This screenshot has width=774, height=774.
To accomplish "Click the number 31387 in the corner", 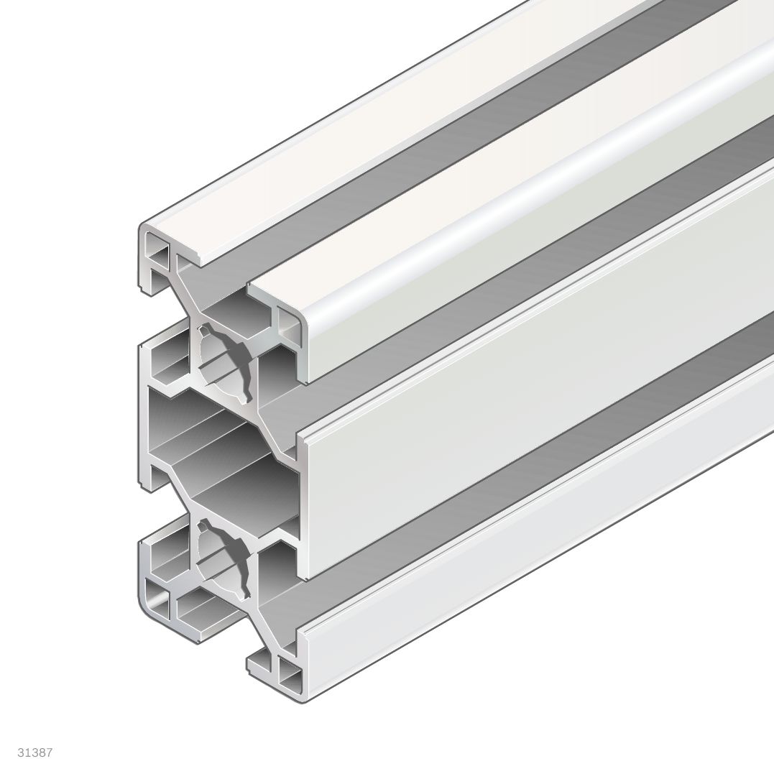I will pos(35,752).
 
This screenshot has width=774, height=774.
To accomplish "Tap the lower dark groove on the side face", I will pos(532,460).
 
